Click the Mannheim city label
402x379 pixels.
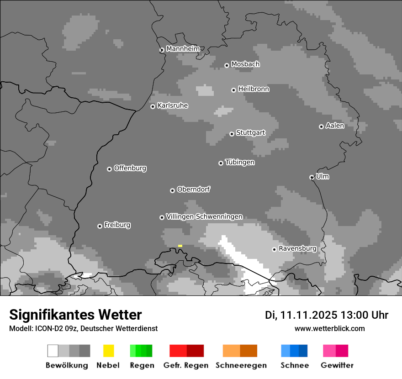tap(183, 49)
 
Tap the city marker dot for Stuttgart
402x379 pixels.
tap(232, 134)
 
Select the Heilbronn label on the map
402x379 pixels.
tap(254, 89)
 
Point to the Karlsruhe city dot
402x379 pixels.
tap(153, 106)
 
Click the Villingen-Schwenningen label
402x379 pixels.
tap(204, 216)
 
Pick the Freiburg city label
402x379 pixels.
tap(117, 225)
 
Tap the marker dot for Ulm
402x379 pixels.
tap(312, 177)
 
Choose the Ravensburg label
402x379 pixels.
tap(297, 248)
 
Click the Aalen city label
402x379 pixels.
tap(335, 126)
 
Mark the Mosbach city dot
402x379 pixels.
tap(227, 65)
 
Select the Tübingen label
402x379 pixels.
tap(240, 162)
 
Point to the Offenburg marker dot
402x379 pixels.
tap(109, 169)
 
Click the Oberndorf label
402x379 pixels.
tap(193, 189)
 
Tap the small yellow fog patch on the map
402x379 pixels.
tap(180, 246)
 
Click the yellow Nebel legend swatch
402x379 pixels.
tap(108, 351)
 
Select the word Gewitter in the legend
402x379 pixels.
tap(337, 365)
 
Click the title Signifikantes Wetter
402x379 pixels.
tap(75, 315)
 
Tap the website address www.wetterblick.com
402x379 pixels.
tap(329, 328)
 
